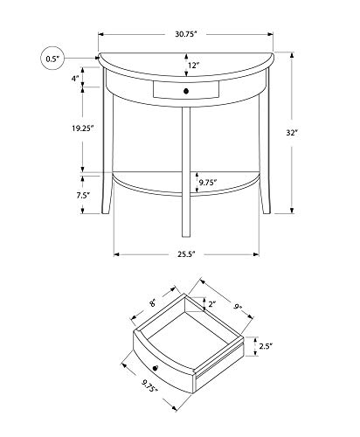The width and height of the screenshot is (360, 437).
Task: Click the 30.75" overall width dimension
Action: click(186, 34)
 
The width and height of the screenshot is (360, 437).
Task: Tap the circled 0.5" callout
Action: click(52, 59)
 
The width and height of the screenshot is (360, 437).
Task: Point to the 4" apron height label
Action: click(76, 79)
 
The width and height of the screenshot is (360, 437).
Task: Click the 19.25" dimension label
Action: click(83, 128)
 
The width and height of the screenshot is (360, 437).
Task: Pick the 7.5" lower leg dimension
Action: click(83, 195)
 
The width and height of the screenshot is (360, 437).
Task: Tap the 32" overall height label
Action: click(291, 133)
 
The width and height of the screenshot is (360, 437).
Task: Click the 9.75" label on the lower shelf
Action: click(208, 183)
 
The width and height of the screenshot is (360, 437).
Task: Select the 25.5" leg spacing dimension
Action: click(186, 254)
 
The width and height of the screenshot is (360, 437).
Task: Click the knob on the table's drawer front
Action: click(186, 91)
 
